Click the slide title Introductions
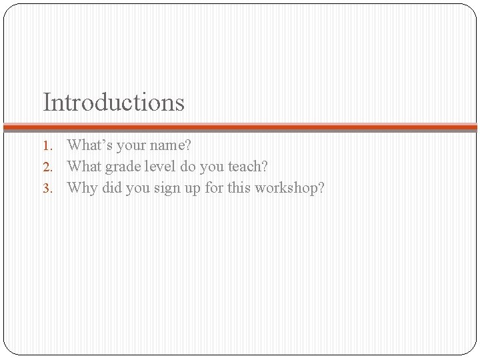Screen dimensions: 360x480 (x=113, y=103)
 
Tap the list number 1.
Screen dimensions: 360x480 (x=47, y=145)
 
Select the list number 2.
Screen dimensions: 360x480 (x=47, y=167)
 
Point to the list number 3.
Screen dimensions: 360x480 (x=47, y=188)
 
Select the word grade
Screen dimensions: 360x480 (x=120, y=167)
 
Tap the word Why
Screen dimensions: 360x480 (x=83, y=188)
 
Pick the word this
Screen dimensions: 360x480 (x=240, y=187)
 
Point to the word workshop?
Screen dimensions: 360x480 (x=291, y=188)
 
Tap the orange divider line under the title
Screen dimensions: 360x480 (x=240, y=127)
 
